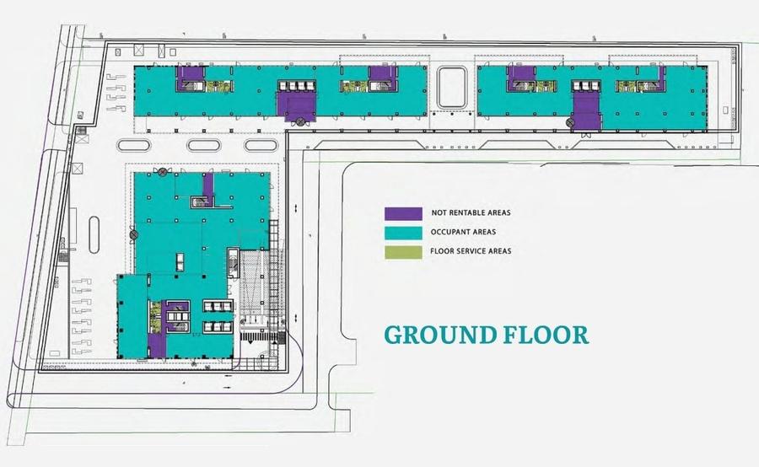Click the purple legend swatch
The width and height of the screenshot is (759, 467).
pyautogui.click(x=403, y=213)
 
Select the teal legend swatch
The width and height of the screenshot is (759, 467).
pyautogui.click(x=403, y=233)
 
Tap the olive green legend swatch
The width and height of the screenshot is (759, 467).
pyautogui.click(x=403, y=252)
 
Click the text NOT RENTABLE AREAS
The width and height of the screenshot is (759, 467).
pyautogui.click(x=471, y=212)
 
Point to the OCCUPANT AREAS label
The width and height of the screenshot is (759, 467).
pyautogui.click(x=463, y=232)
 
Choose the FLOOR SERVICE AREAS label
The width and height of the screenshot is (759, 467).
pyautogui.click(x=471, y=251)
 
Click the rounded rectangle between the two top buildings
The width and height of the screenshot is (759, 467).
pyautogui.click(x=452, y=88)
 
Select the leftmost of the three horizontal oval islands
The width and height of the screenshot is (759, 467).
pyautogui.click(x=133, y=145)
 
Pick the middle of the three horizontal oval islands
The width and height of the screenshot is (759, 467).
pyautogui.click(x=204, y=145)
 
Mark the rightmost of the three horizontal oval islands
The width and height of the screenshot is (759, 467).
pyautogui.click(x=261, y=145)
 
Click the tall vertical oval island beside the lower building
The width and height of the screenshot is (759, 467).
pyautogui.click(x=94, y=234)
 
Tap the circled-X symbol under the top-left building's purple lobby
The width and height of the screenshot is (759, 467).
pyautogui.click(x=300, y=121)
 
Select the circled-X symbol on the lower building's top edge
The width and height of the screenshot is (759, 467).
pyautogui.click(x=163, y=171)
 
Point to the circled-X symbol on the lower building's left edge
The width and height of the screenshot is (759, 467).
pyautogui.click(x=134, y=234)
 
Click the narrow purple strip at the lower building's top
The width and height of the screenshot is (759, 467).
pyautogui.click(x=208, y=189)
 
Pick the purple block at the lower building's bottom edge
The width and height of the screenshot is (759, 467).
pyautogui.click(x=157, y=346)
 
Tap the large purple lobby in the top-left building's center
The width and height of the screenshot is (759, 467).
pyautogui.click(x=297, y=106)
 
